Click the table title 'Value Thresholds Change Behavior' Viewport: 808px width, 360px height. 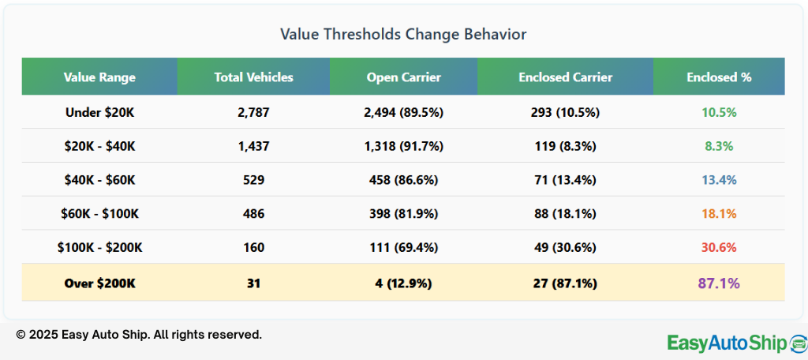coord(403,35)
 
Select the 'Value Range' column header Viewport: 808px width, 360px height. coord(99,77)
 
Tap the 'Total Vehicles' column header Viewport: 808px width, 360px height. coord(253,77)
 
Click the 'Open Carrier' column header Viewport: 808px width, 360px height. coord(403,77)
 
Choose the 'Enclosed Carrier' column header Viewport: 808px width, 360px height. coord(565,77)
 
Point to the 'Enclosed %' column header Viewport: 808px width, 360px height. coord(719,77)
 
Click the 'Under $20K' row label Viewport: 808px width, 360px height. coord(99,113)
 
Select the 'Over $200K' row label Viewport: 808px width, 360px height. coord(99,283)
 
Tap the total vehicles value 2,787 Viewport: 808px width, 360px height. coord(253,113)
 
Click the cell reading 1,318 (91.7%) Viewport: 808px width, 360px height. coord(403,146)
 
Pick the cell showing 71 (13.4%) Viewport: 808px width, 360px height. coord(565,180)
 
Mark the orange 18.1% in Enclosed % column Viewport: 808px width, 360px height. coord(719,214)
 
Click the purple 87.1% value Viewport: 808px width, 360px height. coord(719,283)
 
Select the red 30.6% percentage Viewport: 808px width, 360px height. coord(719,248)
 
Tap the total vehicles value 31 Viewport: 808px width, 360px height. coord(253,283)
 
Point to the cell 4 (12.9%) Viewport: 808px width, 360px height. coord(403,283)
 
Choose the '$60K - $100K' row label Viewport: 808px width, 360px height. coord(99,214)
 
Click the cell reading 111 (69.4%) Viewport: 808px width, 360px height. coord(403,248)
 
